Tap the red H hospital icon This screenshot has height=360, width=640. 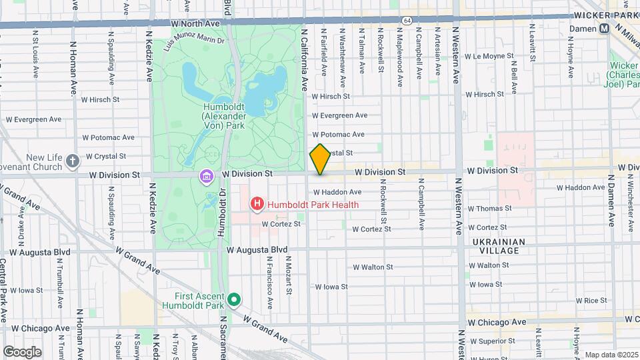pyautogui.click(x=256, y=204)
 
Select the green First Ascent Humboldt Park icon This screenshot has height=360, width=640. pyautogui.click(x=233, y=300)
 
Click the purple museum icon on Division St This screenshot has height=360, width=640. pyautogui.click(x=207, y=176)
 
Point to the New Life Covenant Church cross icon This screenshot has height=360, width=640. pyautogui.click(x=73, y=161)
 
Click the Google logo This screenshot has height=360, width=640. pyautogui.click(x=22, y=351)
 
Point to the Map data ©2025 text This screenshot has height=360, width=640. pyautogui.click(x=611, y=355)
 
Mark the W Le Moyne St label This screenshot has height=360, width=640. pyautogui.click(x=491, y=56)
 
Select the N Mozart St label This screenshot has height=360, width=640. pyautogui.click(x=289, y=280)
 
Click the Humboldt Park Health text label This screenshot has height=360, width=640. pyautogui.click(x=313, y=205)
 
